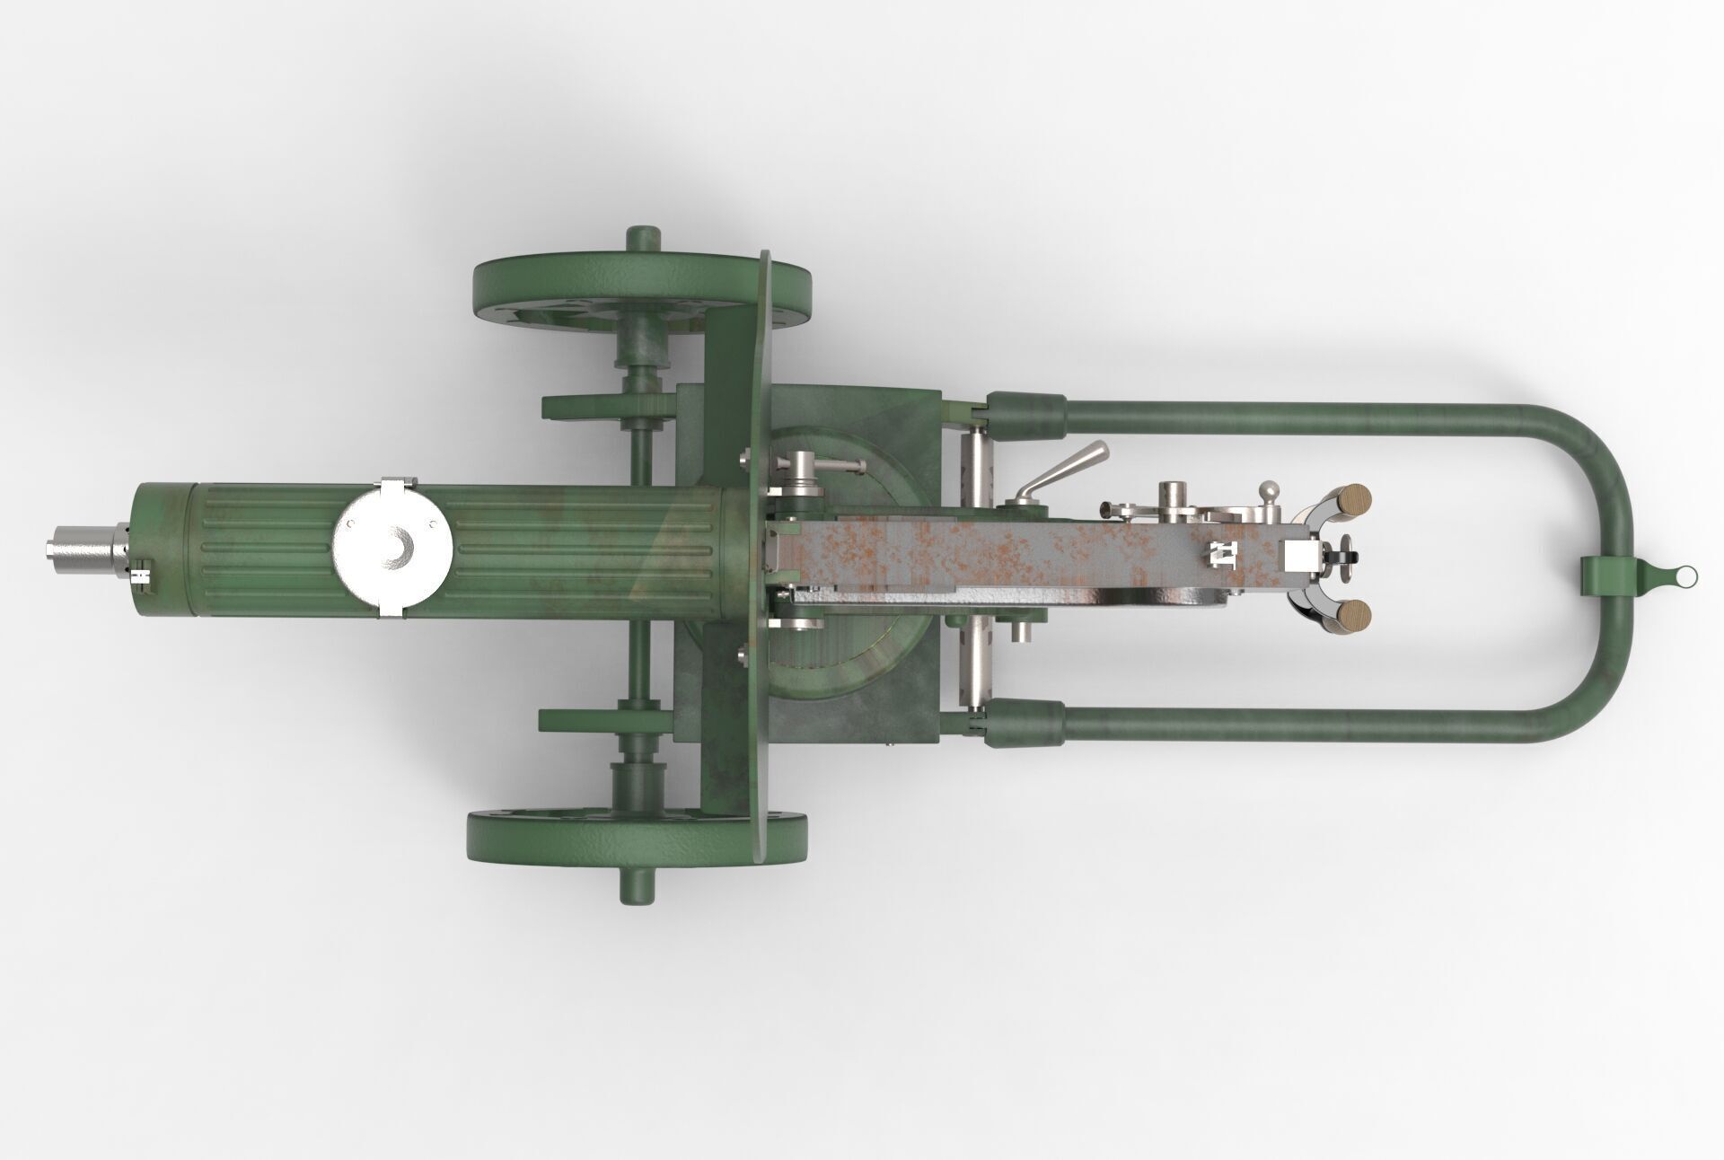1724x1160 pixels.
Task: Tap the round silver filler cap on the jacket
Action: pos(391,548)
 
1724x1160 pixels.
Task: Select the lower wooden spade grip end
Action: pos(1352,615)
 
